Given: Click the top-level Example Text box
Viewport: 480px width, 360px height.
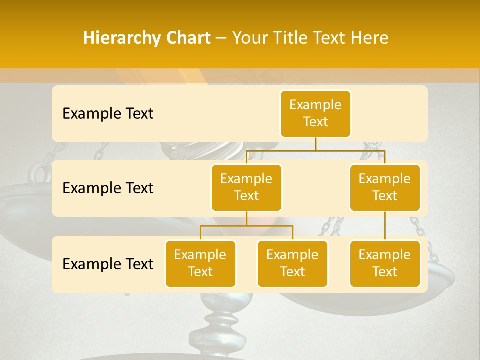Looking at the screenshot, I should pos(315,113).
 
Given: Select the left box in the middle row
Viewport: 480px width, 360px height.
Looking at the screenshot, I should pos(246,187).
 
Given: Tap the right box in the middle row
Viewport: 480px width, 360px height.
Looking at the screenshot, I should pos(385,187).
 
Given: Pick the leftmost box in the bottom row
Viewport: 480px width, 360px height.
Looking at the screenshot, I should pos(200,263).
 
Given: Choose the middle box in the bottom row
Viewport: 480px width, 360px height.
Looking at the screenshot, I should pos(292,263).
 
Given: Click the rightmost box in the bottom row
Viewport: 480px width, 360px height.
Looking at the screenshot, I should pos(385,263).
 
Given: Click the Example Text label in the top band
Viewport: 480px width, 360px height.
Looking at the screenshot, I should pos(108,114).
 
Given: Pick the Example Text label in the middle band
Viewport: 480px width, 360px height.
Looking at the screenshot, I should pos(108,188).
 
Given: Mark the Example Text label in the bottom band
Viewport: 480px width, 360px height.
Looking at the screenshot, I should pos(108,264).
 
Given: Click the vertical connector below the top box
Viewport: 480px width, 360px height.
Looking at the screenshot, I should pos(315,144).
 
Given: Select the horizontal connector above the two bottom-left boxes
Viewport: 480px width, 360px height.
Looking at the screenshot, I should pos(246,226).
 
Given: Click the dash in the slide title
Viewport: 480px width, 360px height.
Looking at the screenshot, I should pos(221,38).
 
